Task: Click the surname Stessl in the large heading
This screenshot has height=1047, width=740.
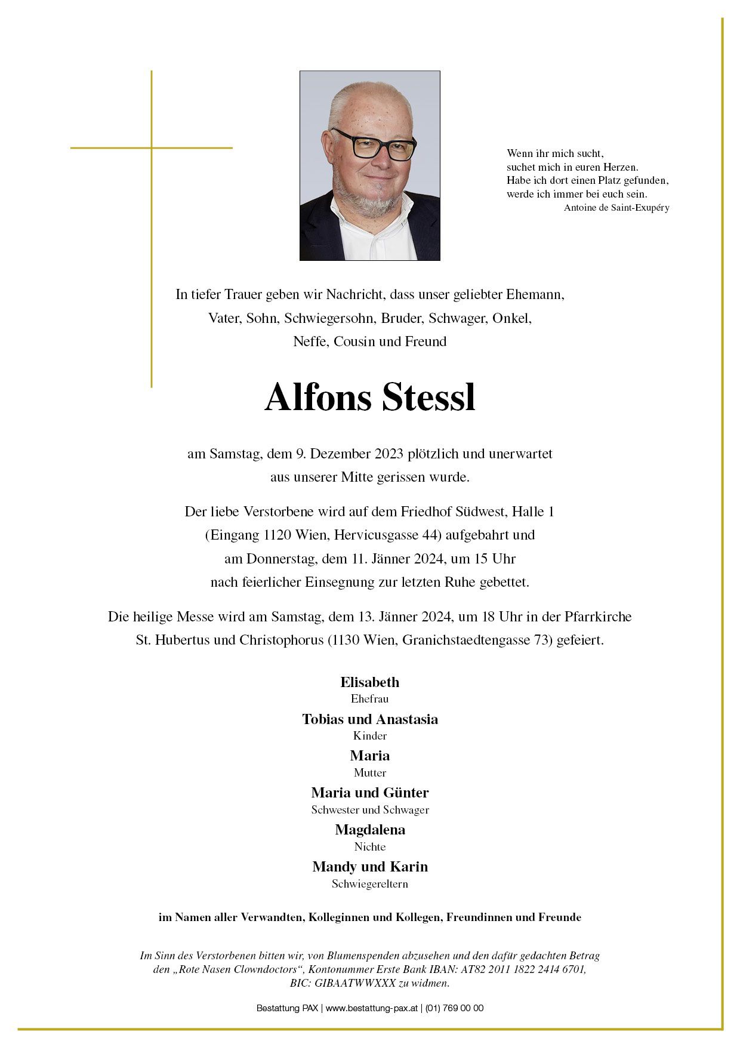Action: [x=429, y=398]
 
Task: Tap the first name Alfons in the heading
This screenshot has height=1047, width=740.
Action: [x=317, y=398]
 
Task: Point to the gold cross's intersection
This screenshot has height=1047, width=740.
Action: [x=152, y=147]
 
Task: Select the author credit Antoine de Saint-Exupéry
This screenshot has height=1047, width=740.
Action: [x=616, y=208]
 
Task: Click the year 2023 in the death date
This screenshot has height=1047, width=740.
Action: [x=390, y=454]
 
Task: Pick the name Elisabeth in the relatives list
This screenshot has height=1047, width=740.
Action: [x=370, y=682]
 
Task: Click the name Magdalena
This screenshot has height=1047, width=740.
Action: [x=370, y=830]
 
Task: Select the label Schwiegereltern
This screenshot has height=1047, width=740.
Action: [x=370, y=884]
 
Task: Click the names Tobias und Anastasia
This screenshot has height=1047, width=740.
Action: [x=370, y=719]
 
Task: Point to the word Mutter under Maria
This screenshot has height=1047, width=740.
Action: [x=370, y=773]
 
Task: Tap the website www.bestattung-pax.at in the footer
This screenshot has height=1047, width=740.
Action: [x=371, y=1008]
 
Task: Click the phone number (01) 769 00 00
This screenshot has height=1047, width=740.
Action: [x=455, y=1008]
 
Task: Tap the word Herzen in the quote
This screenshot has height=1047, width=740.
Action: [x=620, y=168]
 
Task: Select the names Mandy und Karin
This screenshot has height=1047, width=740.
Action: [x=370, y=867]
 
